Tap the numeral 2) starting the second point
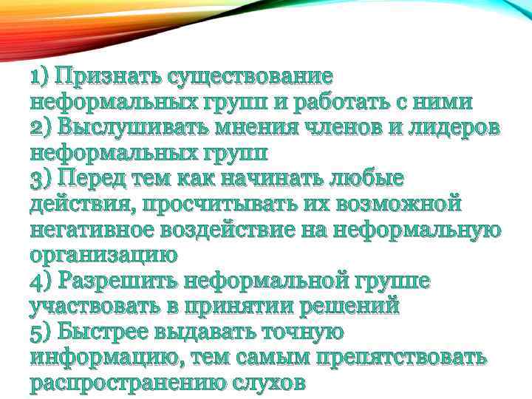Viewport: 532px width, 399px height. click(43, 127)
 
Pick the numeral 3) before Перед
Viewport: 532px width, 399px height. click(43, 178)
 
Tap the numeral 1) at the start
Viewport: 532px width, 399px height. click(40, 76)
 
